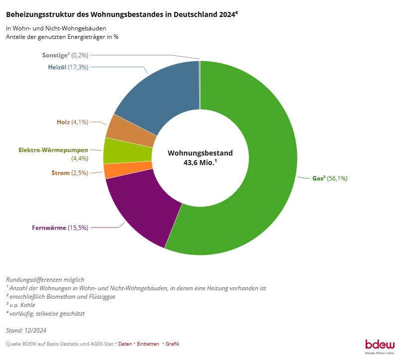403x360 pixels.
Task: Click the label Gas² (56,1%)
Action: [x=329, y=178]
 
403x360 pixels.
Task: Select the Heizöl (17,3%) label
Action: [x=68, y=67]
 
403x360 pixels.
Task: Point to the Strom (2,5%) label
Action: [x=69, y=173]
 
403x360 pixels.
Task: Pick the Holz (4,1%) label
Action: [x=72, y=122]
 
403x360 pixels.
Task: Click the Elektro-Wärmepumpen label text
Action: [x=53, y=150]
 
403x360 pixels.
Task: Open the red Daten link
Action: [x=125, y=344]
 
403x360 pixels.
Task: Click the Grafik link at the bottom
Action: [x=172, y=344]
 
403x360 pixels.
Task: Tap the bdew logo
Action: [x=380, y=345]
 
